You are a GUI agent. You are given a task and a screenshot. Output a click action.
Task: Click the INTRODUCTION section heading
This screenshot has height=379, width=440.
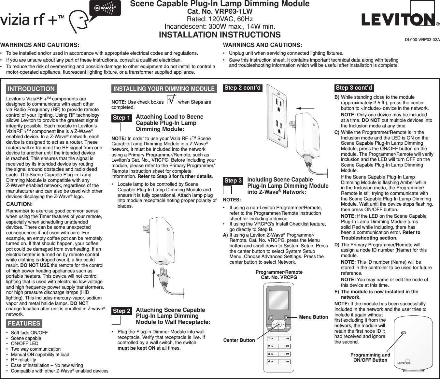[31, 89]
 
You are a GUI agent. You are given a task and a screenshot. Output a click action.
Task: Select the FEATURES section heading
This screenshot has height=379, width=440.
[24, 324]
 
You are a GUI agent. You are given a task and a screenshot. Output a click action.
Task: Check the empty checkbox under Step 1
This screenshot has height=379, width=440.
[116, 127]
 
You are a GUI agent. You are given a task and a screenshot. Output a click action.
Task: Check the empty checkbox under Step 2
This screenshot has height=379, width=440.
[116, 320]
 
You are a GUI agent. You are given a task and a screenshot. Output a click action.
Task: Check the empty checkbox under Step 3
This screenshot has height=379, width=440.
[227, 190]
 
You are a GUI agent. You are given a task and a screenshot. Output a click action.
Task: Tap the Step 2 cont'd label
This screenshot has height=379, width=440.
[242, 88]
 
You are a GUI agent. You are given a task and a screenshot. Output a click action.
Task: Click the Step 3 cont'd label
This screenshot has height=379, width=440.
[354, 88]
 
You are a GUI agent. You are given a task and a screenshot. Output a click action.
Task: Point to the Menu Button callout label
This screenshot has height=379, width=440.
[313, 317]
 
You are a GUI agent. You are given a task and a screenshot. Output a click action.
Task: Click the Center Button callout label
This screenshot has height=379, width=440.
[239, 340]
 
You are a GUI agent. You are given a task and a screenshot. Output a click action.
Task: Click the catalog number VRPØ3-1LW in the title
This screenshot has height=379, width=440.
[220, 11]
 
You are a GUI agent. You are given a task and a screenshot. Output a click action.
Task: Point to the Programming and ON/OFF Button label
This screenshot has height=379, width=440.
[370, 357]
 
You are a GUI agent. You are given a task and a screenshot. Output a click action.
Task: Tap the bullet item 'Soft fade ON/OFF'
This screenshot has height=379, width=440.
[29, 333]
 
